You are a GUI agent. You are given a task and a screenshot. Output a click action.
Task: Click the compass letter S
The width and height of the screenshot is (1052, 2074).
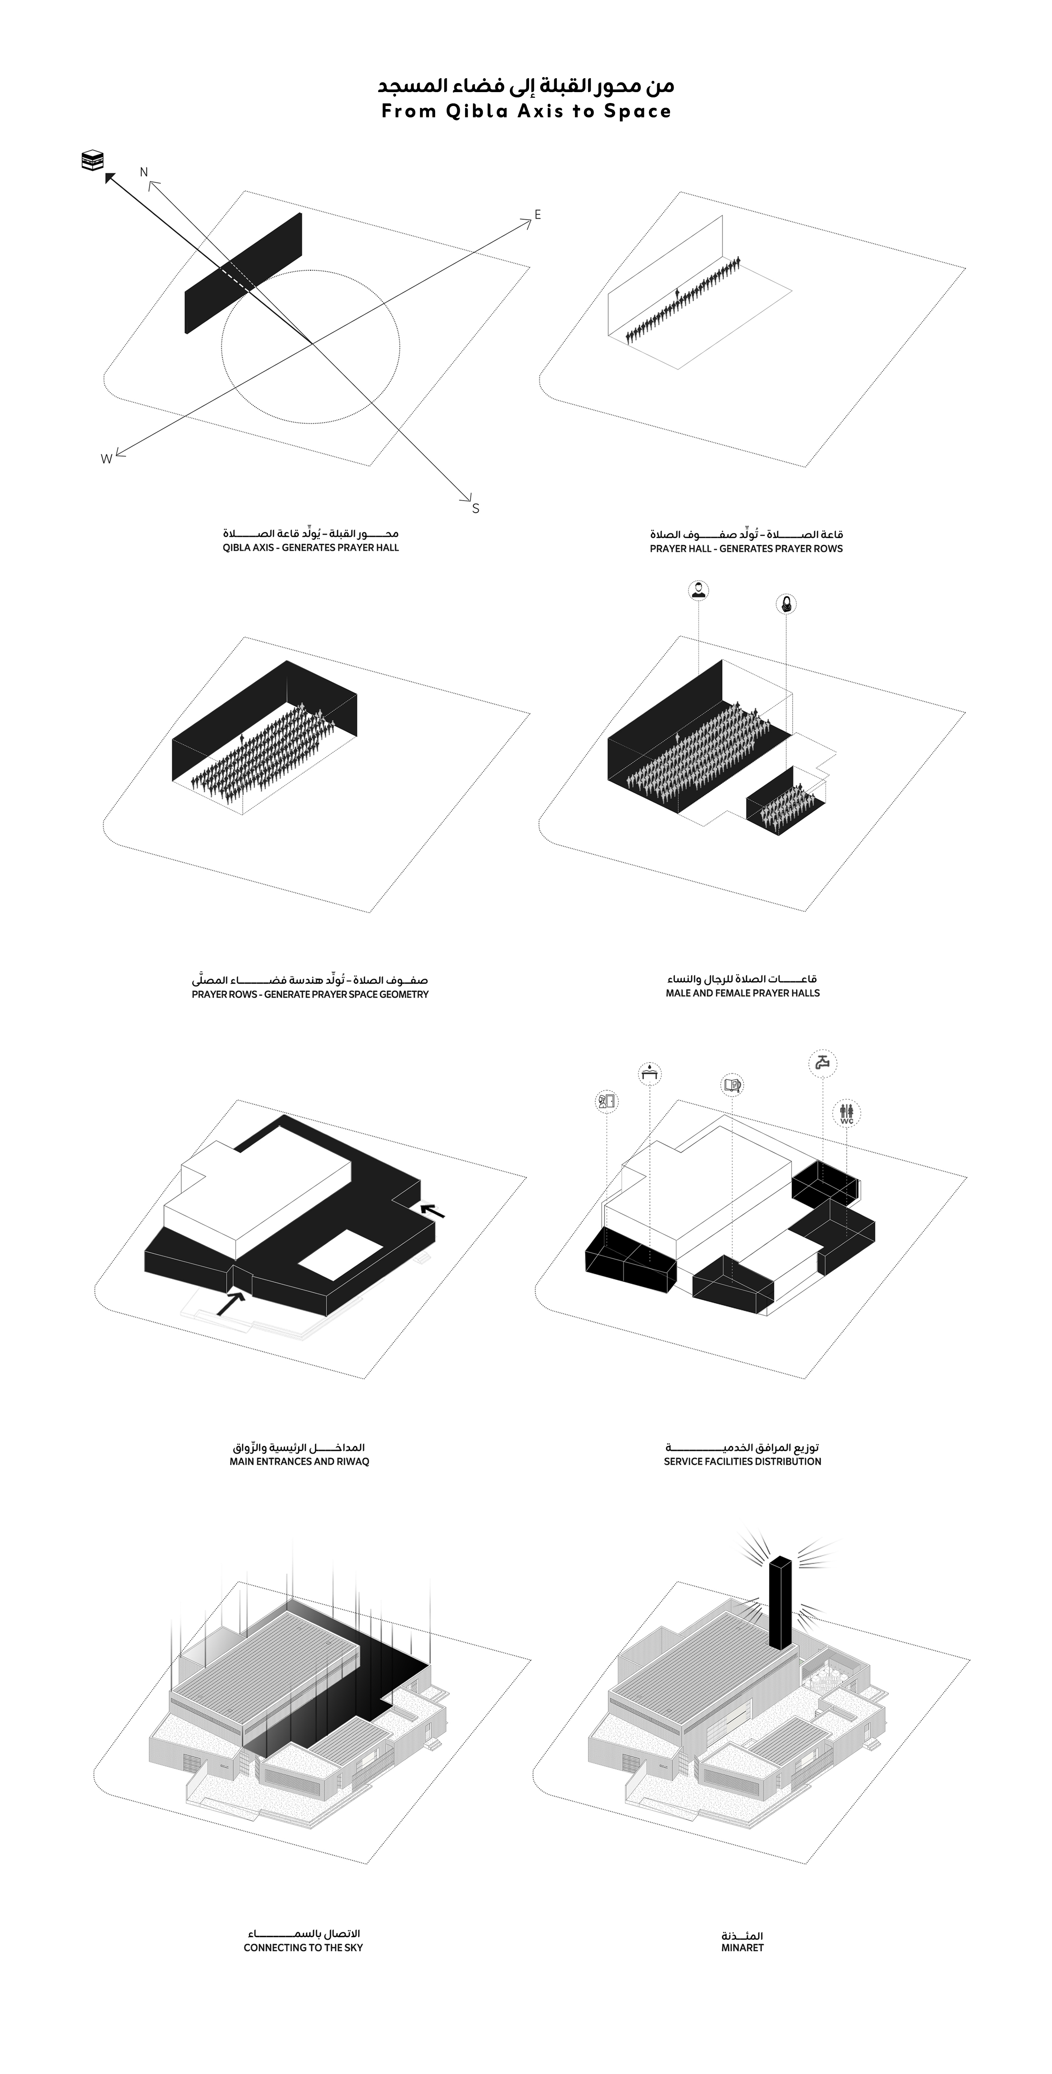click(476, 508)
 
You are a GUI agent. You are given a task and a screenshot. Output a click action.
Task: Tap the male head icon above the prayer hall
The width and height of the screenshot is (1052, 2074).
click(699, 590)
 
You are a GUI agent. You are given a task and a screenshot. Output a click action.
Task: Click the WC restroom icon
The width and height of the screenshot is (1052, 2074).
click(846, 1114)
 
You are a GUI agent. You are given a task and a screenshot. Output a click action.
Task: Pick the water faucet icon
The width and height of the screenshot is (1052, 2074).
click(822, 1063)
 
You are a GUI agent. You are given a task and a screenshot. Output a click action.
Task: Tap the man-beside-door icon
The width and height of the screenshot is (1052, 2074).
click(606, 1101)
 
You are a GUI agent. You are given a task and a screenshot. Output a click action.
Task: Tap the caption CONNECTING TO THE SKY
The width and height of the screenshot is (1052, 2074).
click(304, 1948)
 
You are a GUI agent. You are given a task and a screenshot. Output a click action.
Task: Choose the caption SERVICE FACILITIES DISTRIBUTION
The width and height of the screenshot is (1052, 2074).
click(742, 1461)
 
